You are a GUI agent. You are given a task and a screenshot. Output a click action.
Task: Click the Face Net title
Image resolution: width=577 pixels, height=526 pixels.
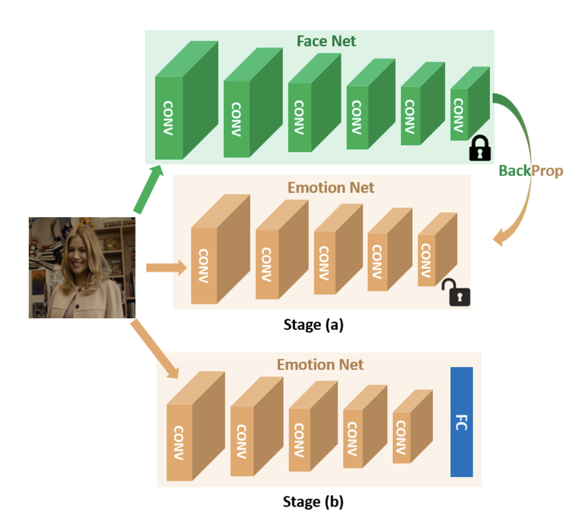pos(326,41)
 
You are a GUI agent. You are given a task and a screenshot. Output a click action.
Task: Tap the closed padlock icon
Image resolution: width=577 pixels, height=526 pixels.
pos(480,148)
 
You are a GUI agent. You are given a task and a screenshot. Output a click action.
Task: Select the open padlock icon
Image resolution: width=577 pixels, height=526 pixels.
pos(457,293)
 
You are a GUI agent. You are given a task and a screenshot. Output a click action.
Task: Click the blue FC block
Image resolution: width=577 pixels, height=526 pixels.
pos(461,422)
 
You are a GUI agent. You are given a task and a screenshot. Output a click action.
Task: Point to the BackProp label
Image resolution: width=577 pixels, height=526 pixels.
pos(531,171)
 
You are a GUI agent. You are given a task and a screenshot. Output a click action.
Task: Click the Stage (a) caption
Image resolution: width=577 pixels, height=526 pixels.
pos(313,324)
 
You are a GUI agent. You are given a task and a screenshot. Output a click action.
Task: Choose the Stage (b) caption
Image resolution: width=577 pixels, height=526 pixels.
pos(313,501)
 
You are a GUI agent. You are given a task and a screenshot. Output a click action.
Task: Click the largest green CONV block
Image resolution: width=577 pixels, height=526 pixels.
pos(170,117)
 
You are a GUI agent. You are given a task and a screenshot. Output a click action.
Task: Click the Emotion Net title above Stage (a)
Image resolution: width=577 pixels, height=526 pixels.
pos(331,187)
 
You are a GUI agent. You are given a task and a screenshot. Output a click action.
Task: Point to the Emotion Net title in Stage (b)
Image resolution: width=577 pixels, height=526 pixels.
pos(320,365)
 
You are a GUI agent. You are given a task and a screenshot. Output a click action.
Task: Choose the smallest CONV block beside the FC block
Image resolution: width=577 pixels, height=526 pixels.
pos(401,437)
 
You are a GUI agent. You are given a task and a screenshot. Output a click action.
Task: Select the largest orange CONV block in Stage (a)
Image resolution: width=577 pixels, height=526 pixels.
pos(204,265)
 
